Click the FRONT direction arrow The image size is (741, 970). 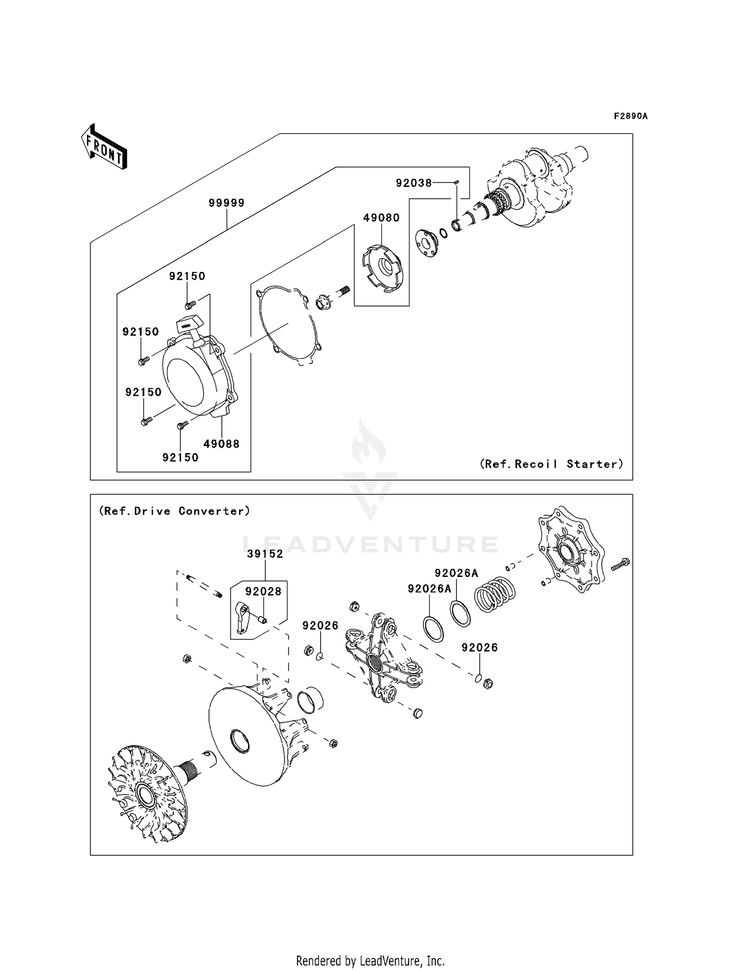[104, 147]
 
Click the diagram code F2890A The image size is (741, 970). [630, 116]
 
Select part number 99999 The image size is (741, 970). [226, 203]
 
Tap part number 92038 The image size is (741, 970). [413, 183]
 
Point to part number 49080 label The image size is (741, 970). [381, 218]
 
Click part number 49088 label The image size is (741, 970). [221, 444]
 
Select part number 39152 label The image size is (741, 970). [265, 554]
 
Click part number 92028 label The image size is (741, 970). [263, 591]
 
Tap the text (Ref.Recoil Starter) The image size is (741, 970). [551, 464]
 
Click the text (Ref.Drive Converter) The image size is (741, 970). [175, 511]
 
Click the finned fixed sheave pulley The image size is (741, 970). [143, 794]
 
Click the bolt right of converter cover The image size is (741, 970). [620, 564]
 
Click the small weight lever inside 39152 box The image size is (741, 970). [241, 618]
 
